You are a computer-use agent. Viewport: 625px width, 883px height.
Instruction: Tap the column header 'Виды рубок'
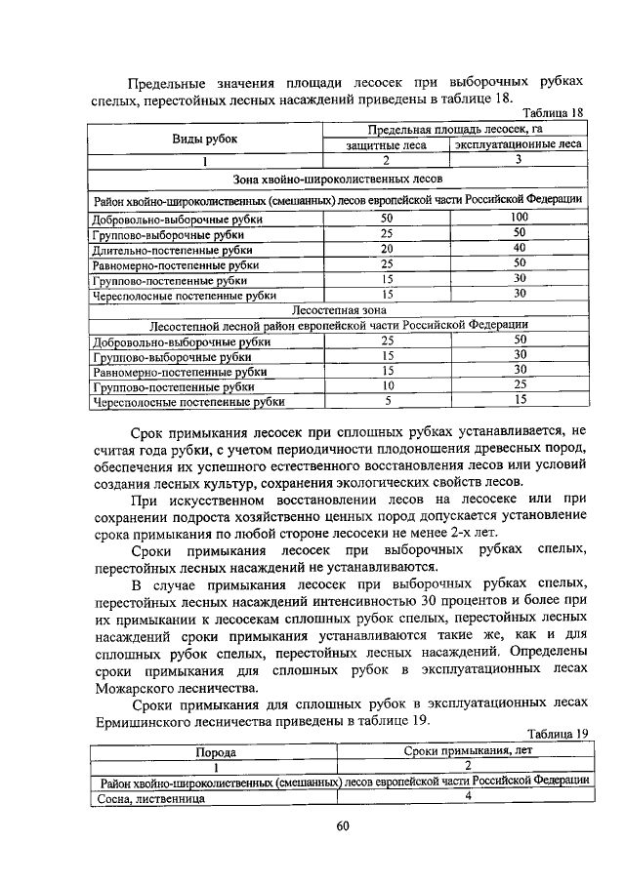[x=205, y=138]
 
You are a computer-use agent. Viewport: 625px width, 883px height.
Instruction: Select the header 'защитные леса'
[x=387, y=145]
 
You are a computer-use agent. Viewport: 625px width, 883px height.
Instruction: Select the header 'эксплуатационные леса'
[x=520, y=145]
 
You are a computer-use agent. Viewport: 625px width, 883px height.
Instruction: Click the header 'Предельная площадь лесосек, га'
[x=454, y=129]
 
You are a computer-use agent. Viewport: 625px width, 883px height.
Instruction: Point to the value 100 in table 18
[x=520, y=217]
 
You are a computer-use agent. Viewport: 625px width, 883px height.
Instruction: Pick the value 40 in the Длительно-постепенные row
[x=520, y=248]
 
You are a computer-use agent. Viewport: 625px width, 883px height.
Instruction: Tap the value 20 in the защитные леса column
[x=387, y=249]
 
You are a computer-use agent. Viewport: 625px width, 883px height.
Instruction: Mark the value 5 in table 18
[x=387, y=400]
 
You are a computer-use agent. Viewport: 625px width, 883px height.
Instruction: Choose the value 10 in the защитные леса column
[x=387, y=385]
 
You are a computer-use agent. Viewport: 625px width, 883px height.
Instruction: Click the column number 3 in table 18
[x=520, y=160]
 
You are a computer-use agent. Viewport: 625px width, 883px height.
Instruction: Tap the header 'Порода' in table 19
[x=217, y=752]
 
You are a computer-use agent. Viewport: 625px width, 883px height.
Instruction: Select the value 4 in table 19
[x=467, y=796]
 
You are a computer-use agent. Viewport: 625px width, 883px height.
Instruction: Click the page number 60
[x=342, y=826]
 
